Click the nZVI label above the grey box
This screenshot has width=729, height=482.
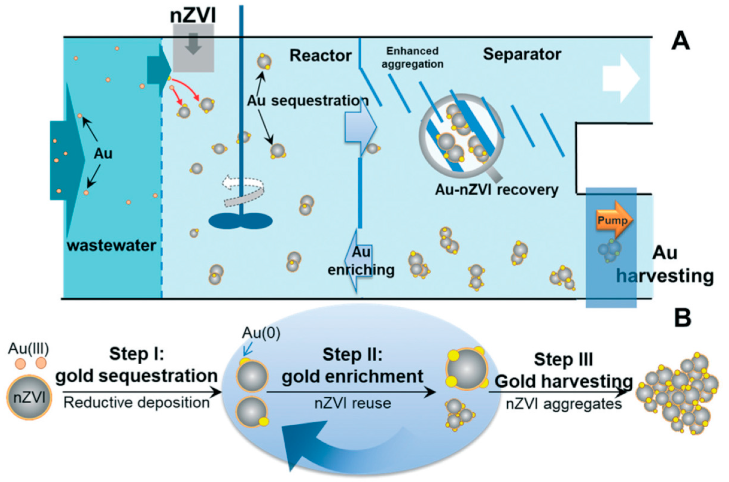click(x=193, y=15)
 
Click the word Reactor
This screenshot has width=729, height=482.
click(x=320, y=56)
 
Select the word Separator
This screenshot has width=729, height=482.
click(x=522, y=55)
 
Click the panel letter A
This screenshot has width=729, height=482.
click(x=680, y=42)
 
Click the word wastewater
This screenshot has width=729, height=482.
click(x=112, y=246)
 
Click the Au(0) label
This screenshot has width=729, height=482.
click(x=261, y=333)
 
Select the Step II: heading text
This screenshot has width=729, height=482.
click(x=352, y=355)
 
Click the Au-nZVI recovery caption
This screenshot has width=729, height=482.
click(x=496, y=190)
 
